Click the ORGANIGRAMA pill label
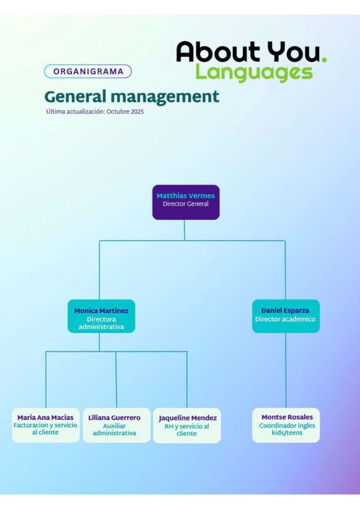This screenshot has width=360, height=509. pyautogui.click(x=88, y=71)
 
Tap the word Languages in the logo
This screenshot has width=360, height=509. pyautogui.click(x=254, y=72)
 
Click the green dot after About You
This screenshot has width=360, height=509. pyautogui.click(x=324, y=60)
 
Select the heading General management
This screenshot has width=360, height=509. pyautogui.click(x=131, y=96)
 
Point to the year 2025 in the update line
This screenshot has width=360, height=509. pyautogui.click(x=137, y=112)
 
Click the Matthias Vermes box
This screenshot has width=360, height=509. pyautogui.click(x=185, y=202)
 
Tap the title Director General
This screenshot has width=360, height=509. pyautogui.click(x=185, y=204)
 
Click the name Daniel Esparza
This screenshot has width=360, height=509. pyautogui.click(x=285, y=311)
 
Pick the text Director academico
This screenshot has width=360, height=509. pyautogui.click(x=285, y=319)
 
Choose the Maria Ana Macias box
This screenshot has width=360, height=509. pyautogui.click(x=45, y=425)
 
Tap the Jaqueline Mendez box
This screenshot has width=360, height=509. pyautogui.click(x=187, y=425)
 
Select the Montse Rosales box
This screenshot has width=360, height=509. pyautogui.click(x=286, y=425)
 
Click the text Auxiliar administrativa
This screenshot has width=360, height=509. pyautogui.click(x=114, y=429)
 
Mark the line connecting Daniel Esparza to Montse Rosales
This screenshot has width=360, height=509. pyautogui.click(x=286, y=370)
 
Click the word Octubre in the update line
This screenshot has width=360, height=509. pyautogui.click(x=118, y=112)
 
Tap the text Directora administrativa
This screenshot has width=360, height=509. pyautogui.click(x=101, y=323)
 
